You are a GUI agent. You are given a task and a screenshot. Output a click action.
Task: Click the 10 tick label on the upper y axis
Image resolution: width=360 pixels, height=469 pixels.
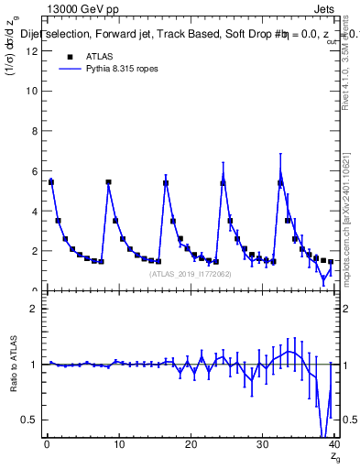point(31,92)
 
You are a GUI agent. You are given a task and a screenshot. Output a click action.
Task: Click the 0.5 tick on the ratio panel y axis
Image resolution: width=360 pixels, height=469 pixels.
point(30,420)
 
